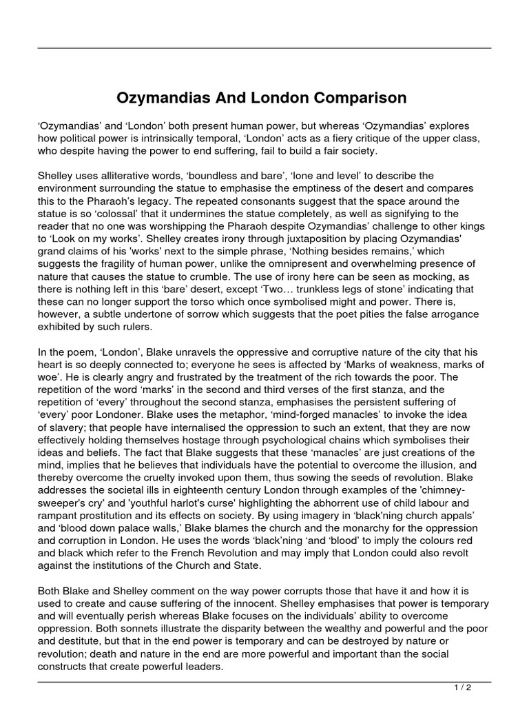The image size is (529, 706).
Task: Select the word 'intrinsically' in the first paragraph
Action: coord(183,139)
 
